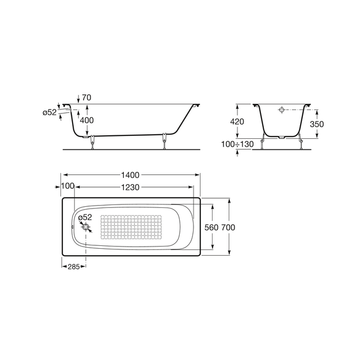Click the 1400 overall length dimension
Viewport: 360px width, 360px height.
coord(130,175)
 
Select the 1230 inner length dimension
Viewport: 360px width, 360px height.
coord(130,187)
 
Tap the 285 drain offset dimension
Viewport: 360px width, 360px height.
coord(74,267)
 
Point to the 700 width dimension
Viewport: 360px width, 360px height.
coord(228,228)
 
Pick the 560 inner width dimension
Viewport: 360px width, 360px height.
coord(211,228)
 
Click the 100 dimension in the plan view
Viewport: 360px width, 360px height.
coord(68,186)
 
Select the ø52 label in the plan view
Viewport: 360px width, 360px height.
coord(85,217)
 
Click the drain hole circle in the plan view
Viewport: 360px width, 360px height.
coord(86,227)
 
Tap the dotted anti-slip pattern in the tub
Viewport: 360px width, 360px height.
coord(131,227)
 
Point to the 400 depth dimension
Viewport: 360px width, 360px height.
coord(86,120)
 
